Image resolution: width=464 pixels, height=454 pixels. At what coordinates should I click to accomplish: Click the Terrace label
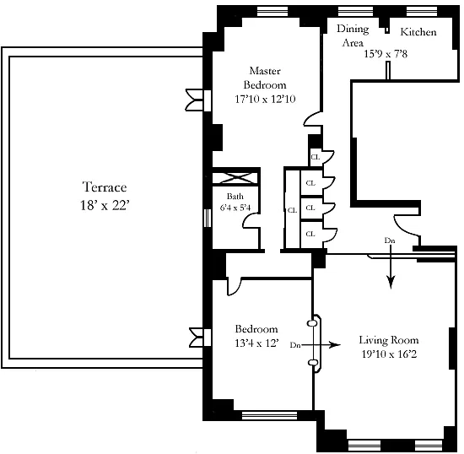click(x=105, y=187)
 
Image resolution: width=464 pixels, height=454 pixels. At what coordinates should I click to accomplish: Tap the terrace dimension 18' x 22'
click(x=105, y=205)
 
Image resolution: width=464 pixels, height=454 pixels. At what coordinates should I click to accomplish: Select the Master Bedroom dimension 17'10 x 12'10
click(x=265, y=99)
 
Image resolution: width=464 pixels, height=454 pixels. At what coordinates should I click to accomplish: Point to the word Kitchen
click(x=418, y=32)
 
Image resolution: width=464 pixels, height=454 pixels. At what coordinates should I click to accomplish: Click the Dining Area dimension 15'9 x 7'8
click(x=386, y=54)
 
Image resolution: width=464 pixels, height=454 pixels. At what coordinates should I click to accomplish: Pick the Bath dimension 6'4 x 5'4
click(x=235, y=208)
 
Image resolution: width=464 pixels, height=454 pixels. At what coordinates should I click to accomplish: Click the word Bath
click(x=235, y=197)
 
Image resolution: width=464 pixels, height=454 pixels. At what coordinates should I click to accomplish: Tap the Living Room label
click(x=389, y=340)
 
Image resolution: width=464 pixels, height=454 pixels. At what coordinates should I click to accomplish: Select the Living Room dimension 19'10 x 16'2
click(x=389, y=354)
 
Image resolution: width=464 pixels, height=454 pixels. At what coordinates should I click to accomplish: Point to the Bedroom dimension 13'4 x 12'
click(x=256, y=343)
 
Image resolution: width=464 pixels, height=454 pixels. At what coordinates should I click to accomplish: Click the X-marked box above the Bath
click(x=235, y=178)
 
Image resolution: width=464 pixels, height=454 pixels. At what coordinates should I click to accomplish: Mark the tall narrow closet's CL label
click(x=292, y=210)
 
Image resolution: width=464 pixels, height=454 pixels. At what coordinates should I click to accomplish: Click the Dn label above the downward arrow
click(x=390, y=241)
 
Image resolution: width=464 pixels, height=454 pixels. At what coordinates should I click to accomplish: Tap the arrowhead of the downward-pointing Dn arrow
click(x=391, y=283)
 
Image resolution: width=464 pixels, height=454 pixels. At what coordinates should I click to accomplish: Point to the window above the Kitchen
click(x=421, y=12)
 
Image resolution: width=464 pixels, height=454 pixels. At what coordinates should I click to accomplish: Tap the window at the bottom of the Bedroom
click(x=270, y=415)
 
